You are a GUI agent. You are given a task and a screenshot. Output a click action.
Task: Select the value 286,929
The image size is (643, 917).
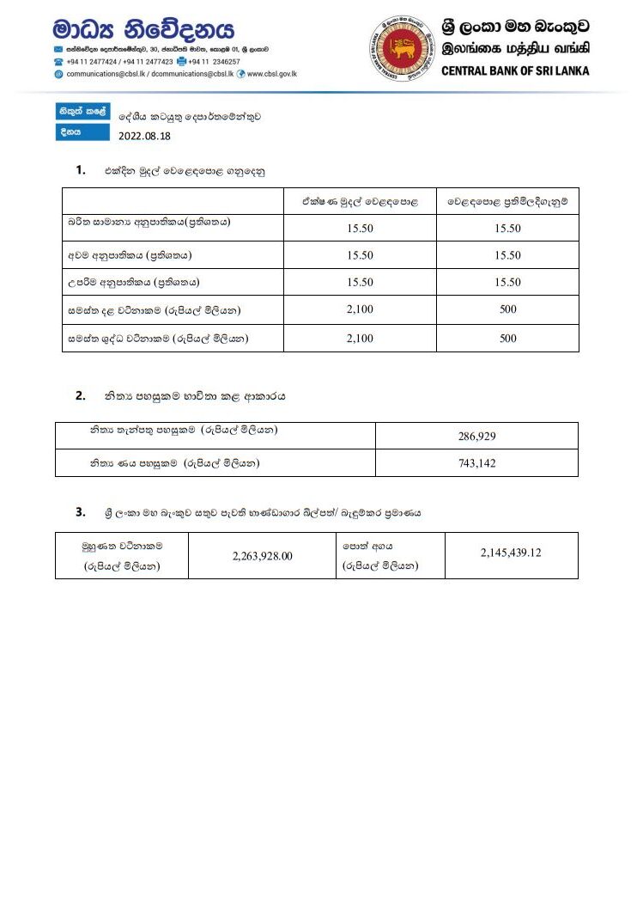(x=476, y=437)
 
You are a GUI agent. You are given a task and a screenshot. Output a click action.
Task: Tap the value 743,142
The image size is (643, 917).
(x=476, y=463)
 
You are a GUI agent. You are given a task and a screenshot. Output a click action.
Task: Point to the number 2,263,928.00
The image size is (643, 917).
(x=262, y=556)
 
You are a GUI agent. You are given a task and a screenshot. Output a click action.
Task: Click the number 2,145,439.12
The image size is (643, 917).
(x=511, y=553)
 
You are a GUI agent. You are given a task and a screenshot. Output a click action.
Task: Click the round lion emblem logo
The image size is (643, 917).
(x=400, y=48)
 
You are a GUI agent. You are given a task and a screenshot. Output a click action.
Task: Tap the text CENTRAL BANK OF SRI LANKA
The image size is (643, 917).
(x=515, y=70)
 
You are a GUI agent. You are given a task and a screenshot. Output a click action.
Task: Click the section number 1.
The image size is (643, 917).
(x=80, y=170)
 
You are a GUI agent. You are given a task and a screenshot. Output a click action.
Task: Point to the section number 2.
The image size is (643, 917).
(x=80, y=396)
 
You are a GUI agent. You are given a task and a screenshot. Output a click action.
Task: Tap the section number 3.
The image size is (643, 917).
(x=80, y=512)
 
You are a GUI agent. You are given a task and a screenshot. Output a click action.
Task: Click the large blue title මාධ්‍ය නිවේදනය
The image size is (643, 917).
(x=143, y=29)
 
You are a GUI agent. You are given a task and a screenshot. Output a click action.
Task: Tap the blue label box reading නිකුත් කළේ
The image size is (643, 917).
(x=82, y=113)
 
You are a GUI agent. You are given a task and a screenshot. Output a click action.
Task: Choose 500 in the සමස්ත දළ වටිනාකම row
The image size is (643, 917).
(x=507, y=310)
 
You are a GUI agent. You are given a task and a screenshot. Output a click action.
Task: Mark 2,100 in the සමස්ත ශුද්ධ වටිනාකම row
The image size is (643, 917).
(x=360, y=339)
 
